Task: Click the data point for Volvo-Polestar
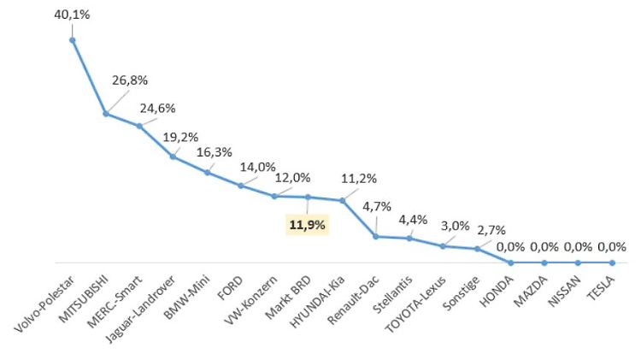(x=73, y=39)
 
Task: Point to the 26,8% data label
(x=130, y=80)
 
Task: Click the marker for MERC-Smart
(x=139, y=126)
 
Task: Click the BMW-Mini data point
(x=207, y=173)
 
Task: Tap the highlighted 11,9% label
(x=309, y=225)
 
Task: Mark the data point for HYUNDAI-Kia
(x=342, y=201)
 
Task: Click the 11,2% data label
(x=360, y=179)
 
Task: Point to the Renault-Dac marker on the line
(x=376, y=236)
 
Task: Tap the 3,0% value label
(x=455, y=226)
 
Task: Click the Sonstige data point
(x=477, y=249)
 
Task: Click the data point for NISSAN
(x=579, y=263)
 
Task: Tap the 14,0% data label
(x=258, y=168)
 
